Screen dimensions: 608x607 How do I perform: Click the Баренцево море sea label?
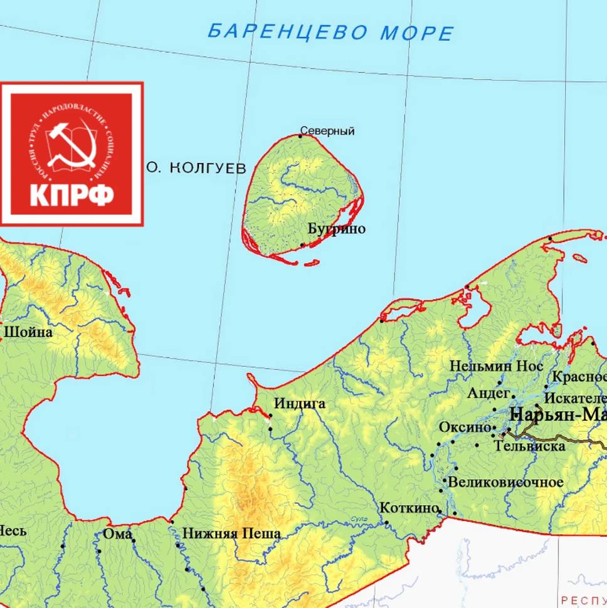[330, 32]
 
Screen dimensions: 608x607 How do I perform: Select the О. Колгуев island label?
[196, 168]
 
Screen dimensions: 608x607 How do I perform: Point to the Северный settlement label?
[327, 131]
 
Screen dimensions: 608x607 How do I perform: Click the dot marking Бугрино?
[303, 245]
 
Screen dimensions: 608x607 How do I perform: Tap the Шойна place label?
[28, 332]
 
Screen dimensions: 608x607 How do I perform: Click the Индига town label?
[300, 404]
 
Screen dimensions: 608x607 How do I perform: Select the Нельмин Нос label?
[497, 366]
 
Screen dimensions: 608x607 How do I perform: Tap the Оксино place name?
[465, 427]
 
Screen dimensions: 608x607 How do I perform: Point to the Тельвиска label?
[530, 446]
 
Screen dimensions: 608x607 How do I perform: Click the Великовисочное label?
[506, 483]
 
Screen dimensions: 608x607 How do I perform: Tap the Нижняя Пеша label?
[231, 534]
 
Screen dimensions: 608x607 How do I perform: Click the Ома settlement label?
[117, 534]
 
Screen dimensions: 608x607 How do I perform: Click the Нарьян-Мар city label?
[558, 414]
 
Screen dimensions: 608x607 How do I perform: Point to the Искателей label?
[576, 398]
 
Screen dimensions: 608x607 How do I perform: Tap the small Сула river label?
[359, 518]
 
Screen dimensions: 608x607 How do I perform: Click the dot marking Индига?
[271, 415]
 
